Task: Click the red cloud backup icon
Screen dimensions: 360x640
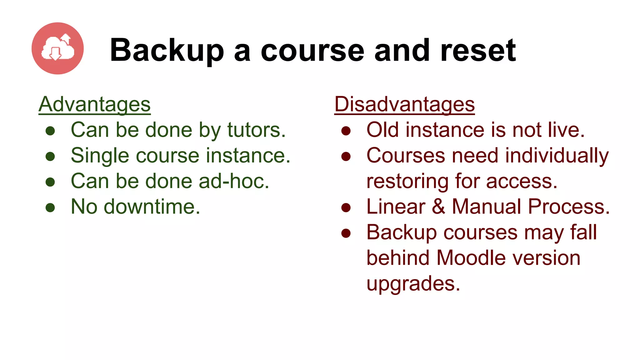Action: (x=57, y=48)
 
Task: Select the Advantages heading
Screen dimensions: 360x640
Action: (x=94, y=104)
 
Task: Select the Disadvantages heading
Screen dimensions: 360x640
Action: (x=404, y=104)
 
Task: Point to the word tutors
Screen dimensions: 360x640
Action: (x=256, y=130)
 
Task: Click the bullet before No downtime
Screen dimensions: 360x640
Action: (x=50, y=207)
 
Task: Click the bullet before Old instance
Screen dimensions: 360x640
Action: (x=346, y=131)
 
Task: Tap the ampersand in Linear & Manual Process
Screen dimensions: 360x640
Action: (x=439, y=207)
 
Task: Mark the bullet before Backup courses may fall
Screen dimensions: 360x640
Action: (x=346, y=233)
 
